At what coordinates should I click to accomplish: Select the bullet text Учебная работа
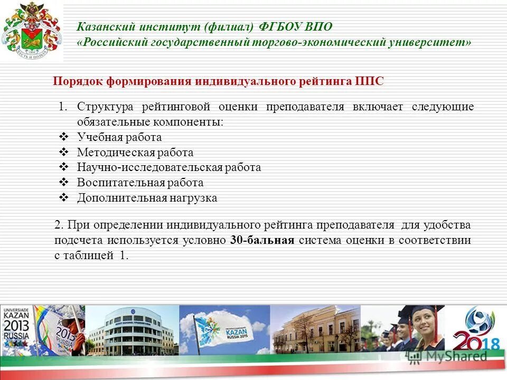[119, 137]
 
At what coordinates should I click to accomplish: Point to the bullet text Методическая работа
[135, 153]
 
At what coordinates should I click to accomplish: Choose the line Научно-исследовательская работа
[169, 167]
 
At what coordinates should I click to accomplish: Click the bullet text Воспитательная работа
[140, 183]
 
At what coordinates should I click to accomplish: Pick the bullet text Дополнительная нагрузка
[147, 198]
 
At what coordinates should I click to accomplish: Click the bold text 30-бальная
[262, 240]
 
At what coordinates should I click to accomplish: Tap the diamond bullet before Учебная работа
[63, 137]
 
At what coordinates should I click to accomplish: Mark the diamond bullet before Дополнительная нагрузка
[63, 198]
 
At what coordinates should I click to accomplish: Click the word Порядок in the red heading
[77, 81]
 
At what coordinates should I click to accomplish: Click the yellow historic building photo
[315, 329]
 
